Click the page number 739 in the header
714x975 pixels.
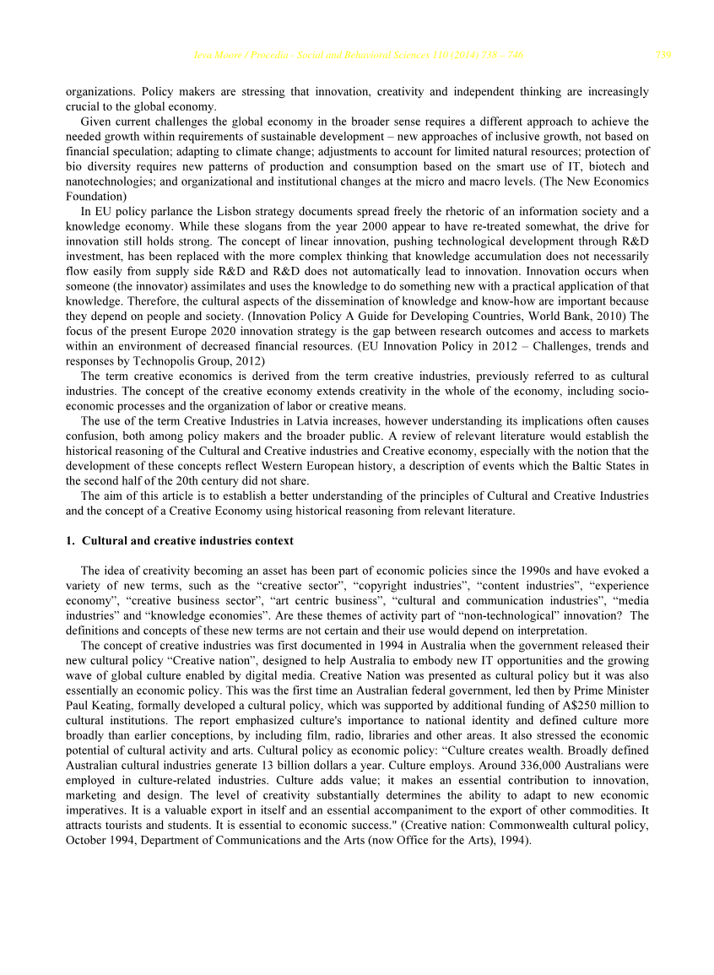click(663, 56)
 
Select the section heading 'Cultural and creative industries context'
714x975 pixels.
click(187, 540)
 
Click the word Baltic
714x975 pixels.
click(581, 466)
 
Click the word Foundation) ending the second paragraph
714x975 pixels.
click(96, 197)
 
